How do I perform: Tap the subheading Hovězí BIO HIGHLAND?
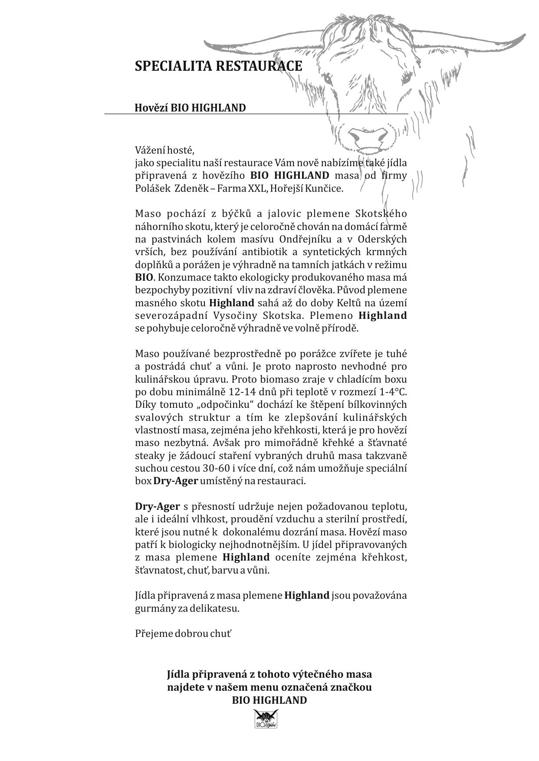pyautogui.click(x=190, y=108)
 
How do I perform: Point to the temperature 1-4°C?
pyautogui.click(x=394, y=392)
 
